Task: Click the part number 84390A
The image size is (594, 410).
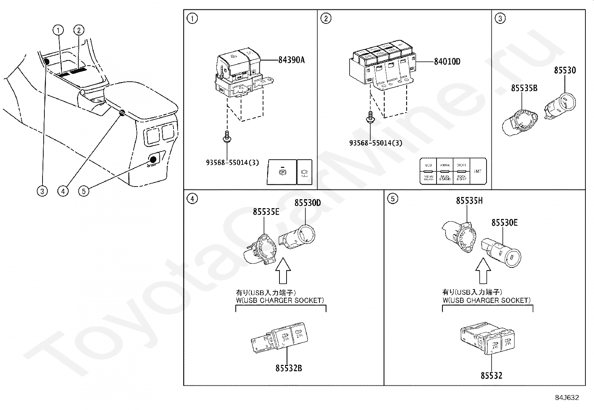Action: [291, 60]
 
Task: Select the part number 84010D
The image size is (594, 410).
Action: [447, 62]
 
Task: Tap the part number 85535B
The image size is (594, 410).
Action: [524, 88]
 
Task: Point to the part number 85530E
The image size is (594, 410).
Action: [504, 223]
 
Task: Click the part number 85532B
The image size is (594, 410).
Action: [288, 368]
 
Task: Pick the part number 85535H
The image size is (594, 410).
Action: [469, 201]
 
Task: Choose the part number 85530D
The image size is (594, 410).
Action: [307, 203]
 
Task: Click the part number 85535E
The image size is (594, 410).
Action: [266, 212]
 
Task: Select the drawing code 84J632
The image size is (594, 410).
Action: [566, 398]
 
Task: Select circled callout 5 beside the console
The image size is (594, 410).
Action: [84, 191]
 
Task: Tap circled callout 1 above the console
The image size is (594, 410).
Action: [58, 30]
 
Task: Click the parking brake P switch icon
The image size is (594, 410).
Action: [282, 172]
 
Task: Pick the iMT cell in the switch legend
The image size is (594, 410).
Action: [478, 171]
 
